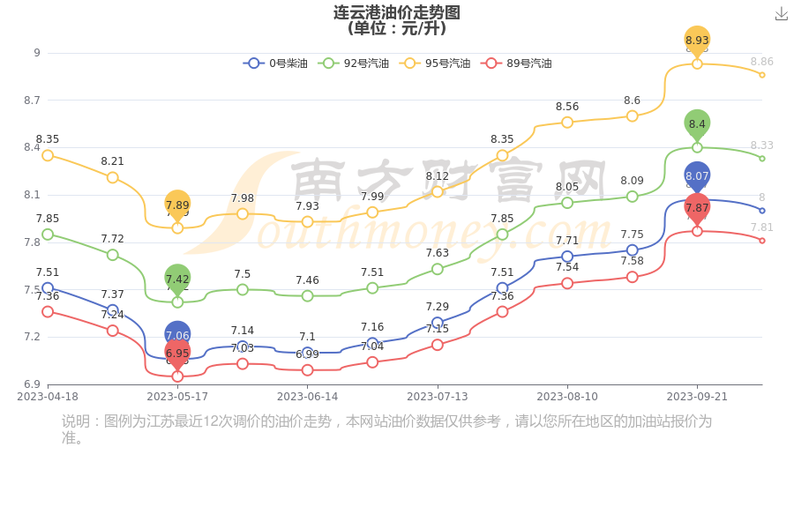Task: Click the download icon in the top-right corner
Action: click(782, 13)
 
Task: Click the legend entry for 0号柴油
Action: click(276, 63)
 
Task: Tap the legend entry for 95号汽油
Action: click(436, 63)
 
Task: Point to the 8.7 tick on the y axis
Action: click(32, 101)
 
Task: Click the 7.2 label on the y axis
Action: click(32, 337)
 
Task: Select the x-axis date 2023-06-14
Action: click(307, 397)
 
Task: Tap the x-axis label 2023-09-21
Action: click(697, 397)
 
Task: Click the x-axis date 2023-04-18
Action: click(48, 397)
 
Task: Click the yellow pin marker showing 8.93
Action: click(697, 41)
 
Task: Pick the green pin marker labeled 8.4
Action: click(697, 124)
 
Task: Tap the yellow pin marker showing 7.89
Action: click(177, 205)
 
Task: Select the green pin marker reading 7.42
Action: click(177, 279)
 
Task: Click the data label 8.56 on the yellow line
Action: click(567, 107)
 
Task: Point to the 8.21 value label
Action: click(113, 161)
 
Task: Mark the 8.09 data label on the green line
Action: click(633, 181)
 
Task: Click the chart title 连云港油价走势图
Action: click(397, 12)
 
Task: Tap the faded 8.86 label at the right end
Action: click(761, 62)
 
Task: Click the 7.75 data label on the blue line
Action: click(633, 235)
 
